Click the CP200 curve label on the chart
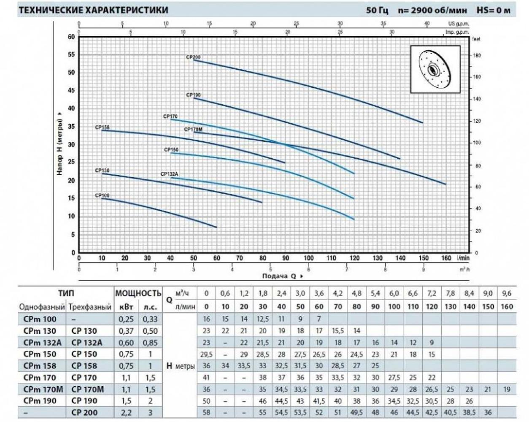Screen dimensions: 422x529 [194, 57]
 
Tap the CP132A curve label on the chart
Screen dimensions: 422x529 [170, 174]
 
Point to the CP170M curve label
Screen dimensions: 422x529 [194, 130]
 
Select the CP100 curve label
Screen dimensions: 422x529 [102, 195]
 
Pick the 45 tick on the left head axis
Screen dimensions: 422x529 [71, 90]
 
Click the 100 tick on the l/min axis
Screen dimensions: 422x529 [308, 258]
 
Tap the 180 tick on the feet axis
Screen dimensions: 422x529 [477, 56]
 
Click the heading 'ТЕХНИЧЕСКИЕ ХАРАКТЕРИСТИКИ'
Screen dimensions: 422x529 [94, 10]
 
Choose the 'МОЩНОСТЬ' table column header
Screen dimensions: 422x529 [138, 293]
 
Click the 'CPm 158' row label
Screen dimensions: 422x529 [40, 366]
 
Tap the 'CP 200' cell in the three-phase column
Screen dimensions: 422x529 [84, 412]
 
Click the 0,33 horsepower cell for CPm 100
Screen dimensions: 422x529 [150, 319]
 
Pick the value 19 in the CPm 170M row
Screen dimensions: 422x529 [507, 389]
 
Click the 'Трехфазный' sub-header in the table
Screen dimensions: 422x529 [90, 307]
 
